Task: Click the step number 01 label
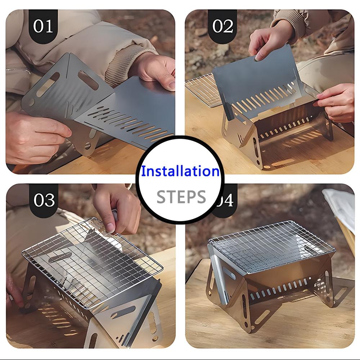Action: click(x=43, y=26)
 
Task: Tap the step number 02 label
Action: click(x=222, y=26)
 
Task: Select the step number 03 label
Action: click(x=44, y=200)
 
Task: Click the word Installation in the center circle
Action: click(x=180, y=171)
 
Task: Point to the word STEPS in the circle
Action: click(x=181, y=197)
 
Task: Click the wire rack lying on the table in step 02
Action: click(x=202, y=90)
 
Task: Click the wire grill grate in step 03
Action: click(x=92, y=262)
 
